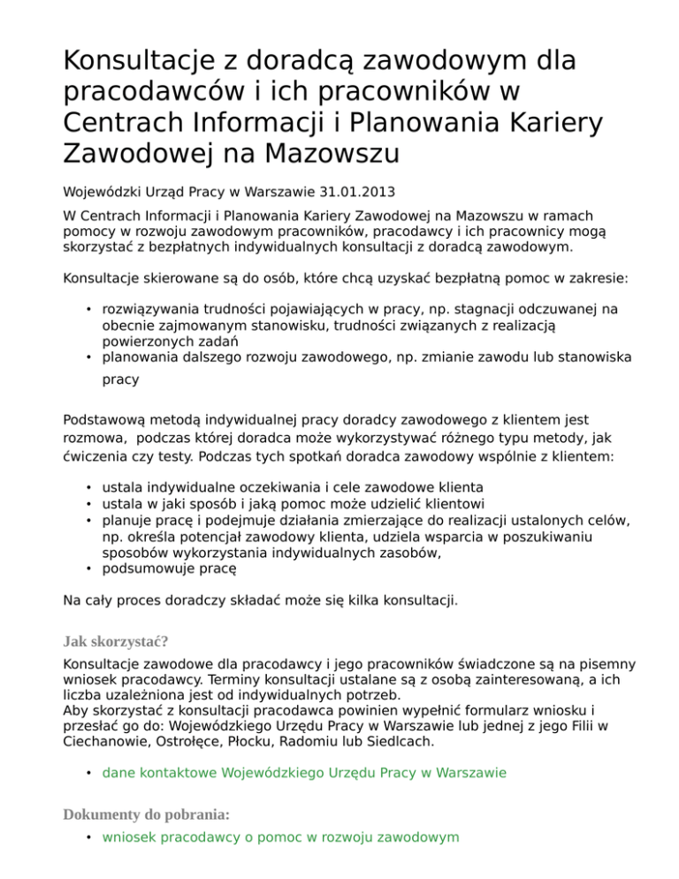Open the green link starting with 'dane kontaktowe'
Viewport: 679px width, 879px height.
pos(304,772)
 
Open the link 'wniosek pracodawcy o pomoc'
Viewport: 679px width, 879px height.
pos(280,836)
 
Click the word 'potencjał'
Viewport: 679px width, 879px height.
pos(215,537)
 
